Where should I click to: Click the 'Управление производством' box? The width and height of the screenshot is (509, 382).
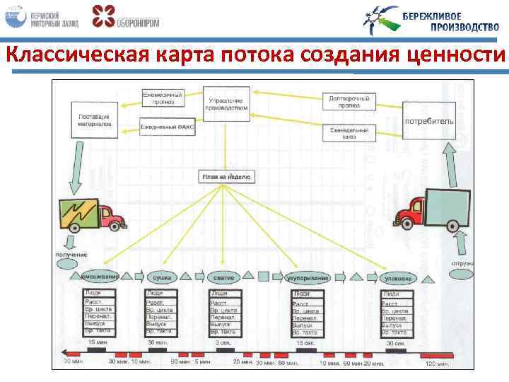[x=226, y=103]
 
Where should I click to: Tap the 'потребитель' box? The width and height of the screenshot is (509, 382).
[x=428, y=121]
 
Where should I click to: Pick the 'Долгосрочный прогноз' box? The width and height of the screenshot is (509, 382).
[x=349, y=101]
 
